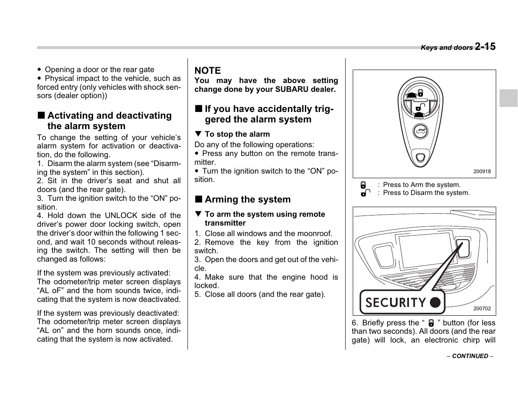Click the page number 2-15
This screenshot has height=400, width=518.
point(485,47)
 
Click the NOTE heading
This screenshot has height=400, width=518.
point(207,70)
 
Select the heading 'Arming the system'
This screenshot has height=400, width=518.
point(247,200)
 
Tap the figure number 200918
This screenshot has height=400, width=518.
point(482,171)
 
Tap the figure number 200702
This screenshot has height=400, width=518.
point(482,309)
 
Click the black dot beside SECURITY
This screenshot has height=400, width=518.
point(435,302)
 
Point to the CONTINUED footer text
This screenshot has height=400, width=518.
point(470,356)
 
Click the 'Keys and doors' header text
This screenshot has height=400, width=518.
point(446,48)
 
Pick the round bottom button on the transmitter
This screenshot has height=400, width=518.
point(420,158)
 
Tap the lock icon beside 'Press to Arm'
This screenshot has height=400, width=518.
point(363,185)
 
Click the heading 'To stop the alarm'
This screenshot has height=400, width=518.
point(237,134)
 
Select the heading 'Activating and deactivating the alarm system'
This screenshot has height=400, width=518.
point(109,121)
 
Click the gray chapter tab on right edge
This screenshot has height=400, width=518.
point(508,98)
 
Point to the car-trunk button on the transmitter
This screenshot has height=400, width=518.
point(420,132)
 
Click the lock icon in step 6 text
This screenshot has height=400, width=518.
point(431,323)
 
